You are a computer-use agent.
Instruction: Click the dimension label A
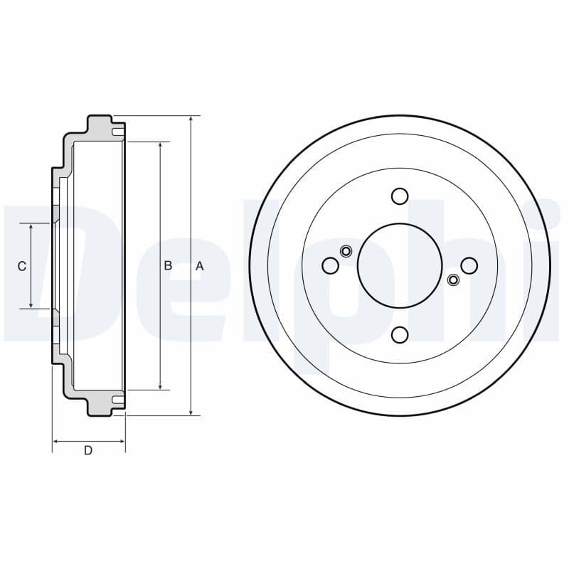[200, 266]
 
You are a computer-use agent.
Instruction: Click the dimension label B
[168, 265]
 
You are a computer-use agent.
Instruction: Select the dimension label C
[21, 266]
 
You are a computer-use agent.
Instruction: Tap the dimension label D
[88, 450]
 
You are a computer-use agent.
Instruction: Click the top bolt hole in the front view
[400, 196]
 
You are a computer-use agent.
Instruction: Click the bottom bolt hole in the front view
[400, 334]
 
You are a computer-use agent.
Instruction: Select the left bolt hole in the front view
[330, 265]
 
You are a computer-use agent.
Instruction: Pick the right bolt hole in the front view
[469, 265]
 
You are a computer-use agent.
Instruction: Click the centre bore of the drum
[390, 265]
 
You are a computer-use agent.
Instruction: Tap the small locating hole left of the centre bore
[346, 250]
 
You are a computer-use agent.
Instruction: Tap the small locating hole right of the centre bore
[453, 280]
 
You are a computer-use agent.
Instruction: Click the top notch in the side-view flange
[117, 132]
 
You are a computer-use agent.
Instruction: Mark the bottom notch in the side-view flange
[117, 400]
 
